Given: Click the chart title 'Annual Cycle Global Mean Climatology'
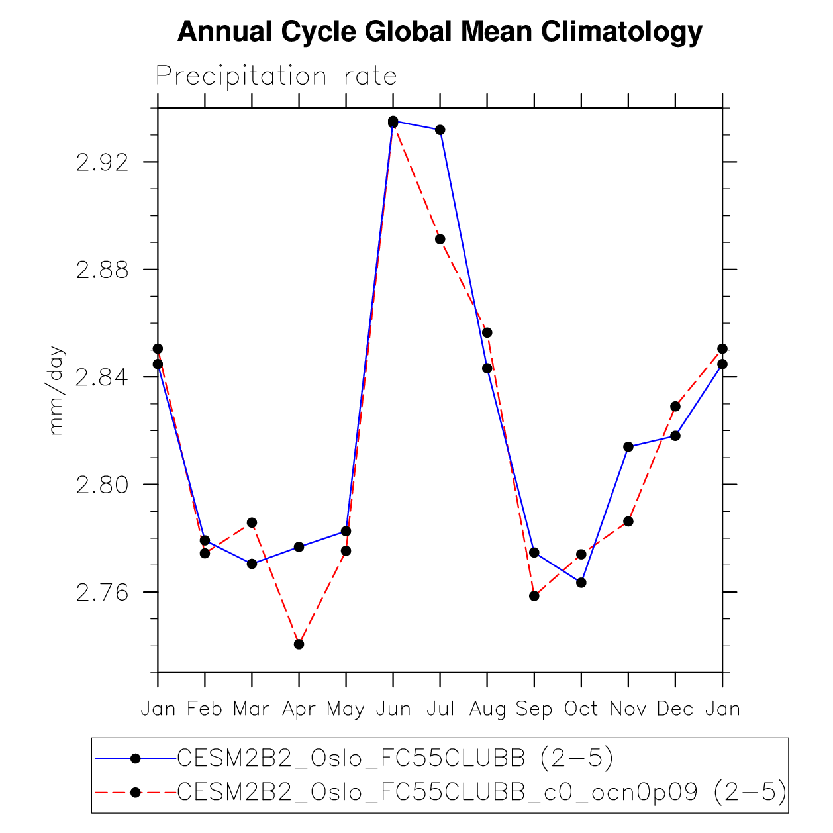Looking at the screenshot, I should [440, 31].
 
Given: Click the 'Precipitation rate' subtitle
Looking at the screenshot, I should [276, 76].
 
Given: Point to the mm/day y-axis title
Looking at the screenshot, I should [57, 390].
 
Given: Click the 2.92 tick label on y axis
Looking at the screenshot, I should [102, 162].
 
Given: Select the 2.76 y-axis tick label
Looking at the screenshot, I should [102, 592].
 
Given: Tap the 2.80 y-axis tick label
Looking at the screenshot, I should [102, 485].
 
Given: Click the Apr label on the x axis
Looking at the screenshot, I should [299, 709].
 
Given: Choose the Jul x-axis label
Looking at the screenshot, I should [440, 709].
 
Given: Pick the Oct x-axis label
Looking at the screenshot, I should [581, 709].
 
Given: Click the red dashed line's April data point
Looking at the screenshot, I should [299, 644].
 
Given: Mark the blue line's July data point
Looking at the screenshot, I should [440, 130].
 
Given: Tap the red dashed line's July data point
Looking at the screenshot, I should [440, 239].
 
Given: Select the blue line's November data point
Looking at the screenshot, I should [628, 447].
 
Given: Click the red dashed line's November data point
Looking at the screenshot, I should [628, 522].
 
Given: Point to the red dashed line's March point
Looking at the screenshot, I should [252, 523].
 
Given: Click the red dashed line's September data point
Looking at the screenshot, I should [534, 596].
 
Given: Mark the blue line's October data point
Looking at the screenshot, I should [581, 583].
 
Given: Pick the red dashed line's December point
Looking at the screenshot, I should [675, 406].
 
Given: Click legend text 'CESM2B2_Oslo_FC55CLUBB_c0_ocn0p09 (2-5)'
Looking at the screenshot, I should [482, 792].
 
